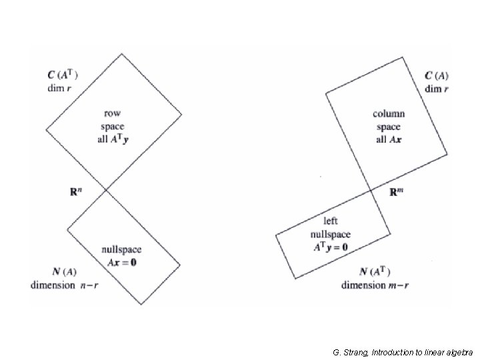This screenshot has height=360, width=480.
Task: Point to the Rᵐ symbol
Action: [x=396, y=192]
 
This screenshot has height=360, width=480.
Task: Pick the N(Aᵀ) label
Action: [x=375, y=271]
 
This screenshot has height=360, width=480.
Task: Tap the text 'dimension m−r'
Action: [x=375, y=285]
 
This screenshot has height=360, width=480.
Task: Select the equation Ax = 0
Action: [x=122, y=261]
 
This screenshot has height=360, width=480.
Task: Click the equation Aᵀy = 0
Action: [x=330, y=247]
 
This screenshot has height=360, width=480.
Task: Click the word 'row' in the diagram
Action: [x=113, y=113]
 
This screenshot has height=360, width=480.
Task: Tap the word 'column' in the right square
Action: [x=389, y=114]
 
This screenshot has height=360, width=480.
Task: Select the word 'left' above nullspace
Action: [x=331, y=221]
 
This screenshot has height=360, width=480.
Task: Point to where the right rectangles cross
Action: [x=371, y=191]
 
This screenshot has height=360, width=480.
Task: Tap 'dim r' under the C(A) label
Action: [x=437, y=89]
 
